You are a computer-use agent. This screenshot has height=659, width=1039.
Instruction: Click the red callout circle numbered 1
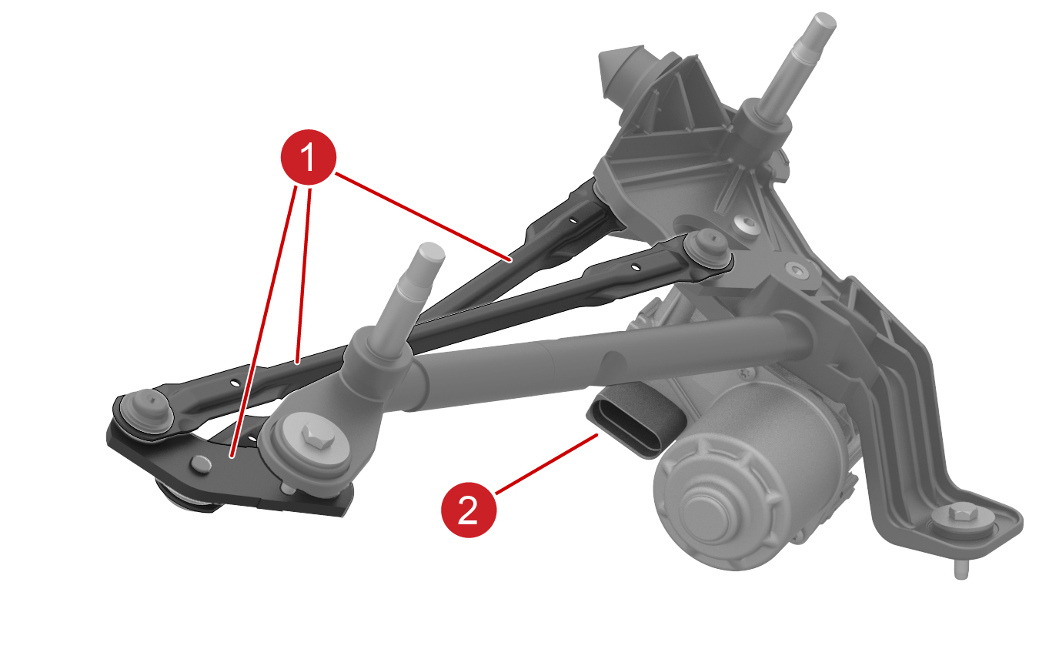(x=309, y=157)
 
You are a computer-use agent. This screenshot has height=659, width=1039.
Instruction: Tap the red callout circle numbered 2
(x=469, y=510)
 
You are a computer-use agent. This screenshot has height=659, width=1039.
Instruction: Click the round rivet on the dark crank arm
(x=200, y=464)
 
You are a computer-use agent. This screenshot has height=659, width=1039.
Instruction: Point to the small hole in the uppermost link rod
(x=573, y=221)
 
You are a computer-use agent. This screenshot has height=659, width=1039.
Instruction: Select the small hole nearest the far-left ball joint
(x=236, y=383)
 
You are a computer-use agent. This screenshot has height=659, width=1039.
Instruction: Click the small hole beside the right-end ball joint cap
(x=636, y=268)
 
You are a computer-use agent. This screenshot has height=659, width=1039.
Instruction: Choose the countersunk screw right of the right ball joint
(x=797, y=269)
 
